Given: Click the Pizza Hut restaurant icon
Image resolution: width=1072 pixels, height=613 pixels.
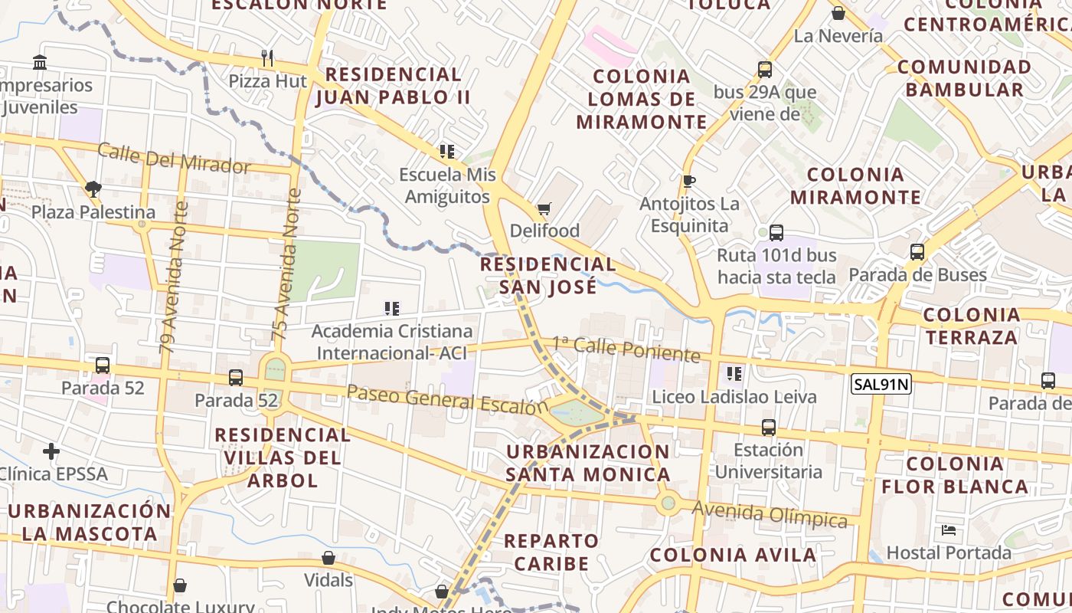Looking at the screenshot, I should click(x=267, y=57).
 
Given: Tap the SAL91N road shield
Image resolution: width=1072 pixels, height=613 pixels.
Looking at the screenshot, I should click(x=881, y=384).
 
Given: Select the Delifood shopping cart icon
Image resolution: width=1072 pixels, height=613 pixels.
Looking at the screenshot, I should click(x=544, y=208).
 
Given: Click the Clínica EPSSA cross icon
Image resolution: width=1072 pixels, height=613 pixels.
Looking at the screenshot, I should click(x=51, y=451).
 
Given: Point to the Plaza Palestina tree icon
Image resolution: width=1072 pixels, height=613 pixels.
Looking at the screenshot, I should click(x=93, y=188).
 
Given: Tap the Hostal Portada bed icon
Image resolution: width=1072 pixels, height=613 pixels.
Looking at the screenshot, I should click(x=949, y=530).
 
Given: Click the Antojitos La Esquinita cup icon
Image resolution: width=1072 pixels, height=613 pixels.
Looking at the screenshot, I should click(x=688, y=181).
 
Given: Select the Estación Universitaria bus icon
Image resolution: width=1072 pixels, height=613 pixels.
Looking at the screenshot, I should click(x=769, y=428).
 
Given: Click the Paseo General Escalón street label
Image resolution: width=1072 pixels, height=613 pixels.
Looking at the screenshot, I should click(x=448, y=399).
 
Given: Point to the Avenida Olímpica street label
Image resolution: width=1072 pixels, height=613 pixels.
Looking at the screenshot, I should click(x=770, y=514).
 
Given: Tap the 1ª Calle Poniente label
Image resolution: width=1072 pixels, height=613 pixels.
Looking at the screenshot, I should click(x=626, y=349).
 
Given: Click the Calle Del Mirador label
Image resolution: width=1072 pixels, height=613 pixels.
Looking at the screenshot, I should click(x=174, y=158).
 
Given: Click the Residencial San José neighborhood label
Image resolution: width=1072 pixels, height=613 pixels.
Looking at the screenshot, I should click(x=547, y=275).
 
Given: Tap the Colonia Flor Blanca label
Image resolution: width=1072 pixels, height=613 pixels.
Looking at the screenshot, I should click(x=954, y=475).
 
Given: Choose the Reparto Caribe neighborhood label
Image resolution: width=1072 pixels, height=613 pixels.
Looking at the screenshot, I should click(x=551, y=552).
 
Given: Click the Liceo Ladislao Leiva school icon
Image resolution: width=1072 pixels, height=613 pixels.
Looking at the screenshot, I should click(x=734, y=374).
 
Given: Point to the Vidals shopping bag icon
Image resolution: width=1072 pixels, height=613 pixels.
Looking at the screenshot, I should click(x=328, y=558).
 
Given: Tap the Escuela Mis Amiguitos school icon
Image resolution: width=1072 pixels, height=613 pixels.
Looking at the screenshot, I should click(x=447, y=152).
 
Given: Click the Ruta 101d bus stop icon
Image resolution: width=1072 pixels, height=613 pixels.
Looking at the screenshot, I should click(x=776, y=233).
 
